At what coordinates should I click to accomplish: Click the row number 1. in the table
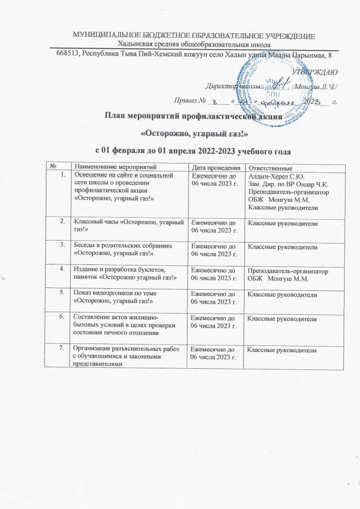pos(62,174)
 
